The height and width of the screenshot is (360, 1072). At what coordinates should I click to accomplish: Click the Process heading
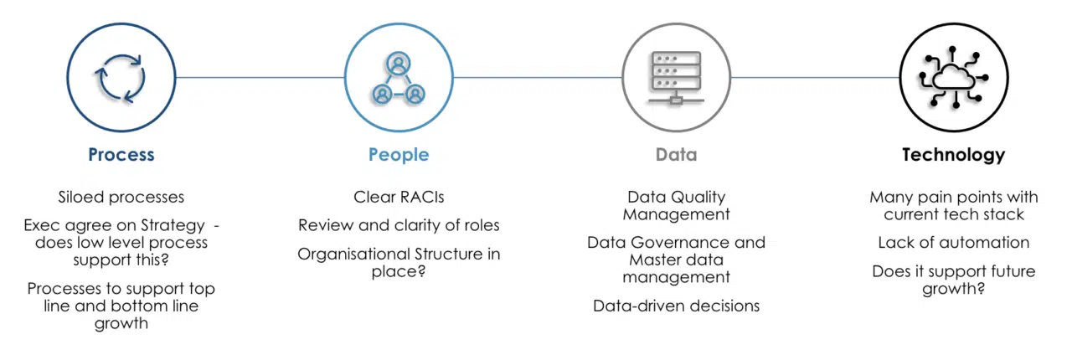[x=121, y=155]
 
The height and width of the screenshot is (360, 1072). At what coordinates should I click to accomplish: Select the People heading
[x=399, y=155]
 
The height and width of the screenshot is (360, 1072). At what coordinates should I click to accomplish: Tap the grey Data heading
[x=676, y=155]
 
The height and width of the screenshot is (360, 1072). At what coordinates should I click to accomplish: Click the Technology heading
[x=954, y=155]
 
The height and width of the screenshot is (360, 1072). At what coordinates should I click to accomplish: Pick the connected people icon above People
[x=399, y=78]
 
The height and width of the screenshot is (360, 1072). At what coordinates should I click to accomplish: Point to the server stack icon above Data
[x=676, y=78]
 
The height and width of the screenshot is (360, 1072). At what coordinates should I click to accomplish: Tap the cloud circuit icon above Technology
[x=954, y=77]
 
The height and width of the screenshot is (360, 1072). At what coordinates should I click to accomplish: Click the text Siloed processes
[x=121, y=198]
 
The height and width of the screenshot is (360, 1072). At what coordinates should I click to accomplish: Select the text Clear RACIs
[x=399, y=198]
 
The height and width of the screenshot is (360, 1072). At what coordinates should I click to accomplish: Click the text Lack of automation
[x=954, y=243]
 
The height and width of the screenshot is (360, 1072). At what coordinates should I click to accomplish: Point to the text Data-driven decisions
[x=676, y=306]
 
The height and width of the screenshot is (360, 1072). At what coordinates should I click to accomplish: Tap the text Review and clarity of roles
[x=399, y=225]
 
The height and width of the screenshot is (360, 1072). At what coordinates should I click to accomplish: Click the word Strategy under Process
[x=173, y=225]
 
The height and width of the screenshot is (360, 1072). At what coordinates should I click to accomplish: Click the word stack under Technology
[x=1004, y=214]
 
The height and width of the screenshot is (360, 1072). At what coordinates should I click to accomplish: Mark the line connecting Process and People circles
[x=260, y=78]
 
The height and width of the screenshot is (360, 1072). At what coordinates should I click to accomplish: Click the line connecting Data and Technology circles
[x=815, y=78]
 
